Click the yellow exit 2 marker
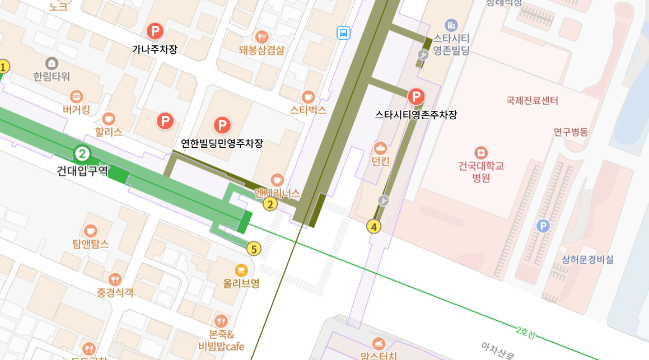coord(270,204)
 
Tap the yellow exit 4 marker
coord(373,227)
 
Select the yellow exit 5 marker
coord(254,249)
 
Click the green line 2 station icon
coord(82,153)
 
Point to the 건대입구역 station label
coord(82,170)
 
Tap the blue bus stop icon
coord(343,33)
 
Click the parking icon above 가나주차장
coord(154,31)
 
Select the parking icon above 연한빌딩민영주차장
coord(222,125)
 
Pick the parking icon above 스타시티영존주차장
coord(415,97)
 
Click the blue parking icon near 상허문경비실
coord(543,226)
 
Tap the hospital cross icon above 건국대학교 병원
coord(480,152)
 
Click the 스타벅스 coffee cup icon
coord(308,96)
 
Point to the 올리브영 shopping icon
coord(241,270)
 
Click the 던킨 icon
coord(381,148)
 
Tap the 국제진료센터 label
coord(532,101)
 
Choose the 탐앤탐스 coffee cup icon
coord(91,231)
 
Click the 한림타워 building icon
coord(52,63)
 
